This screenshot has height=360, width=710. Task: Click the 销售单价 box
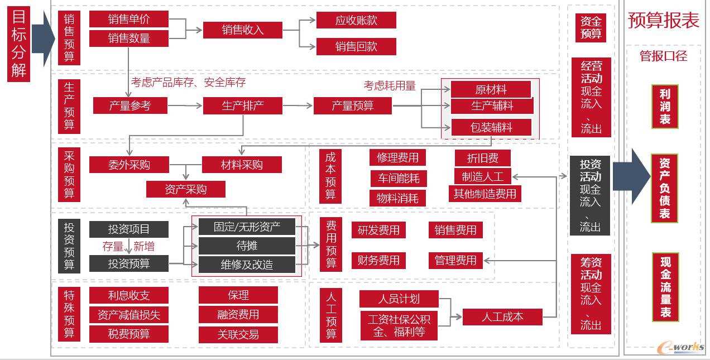click(129, 19)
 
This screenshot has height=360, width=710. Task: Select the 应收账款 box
click(356, 21)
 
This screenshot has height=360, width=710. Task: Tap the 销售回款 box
click(356, 47)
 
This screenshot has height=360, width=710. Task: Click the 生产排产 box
click(243, 105)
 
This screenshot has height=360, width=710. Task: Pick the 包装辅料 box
click(491, 127)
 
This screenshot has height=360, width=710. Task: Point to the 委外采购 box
click(129, 165)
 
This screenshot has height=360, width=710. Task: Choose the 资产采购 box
click(186, 189)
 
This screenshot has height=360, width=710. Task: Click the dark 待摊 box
click(247, 246)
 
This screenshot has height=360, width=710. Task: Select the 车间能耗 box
click(398, 179)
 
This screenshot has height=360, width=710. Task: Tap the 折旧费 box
click(483, 158)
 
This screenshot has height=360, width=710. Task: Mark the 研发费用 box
click(378, 230)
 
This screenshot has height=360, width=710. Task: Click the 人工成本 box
click(502, 317)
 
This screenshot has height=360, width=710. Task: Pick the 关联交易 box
click(238, 335)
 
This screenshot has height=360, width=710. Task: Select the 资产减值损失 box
click(129, 315)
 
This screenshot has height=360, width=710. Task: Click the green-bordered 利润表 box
click(665, 106)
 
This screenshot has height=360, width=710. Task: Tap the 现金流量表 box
click(665, 287)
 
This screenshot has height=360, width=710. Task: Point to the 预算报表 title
click(663, 20)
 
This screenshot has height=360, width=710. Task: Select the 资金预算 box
click(591, 27)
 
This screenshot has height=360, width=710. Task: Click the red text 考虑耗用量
click(390, 85)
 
